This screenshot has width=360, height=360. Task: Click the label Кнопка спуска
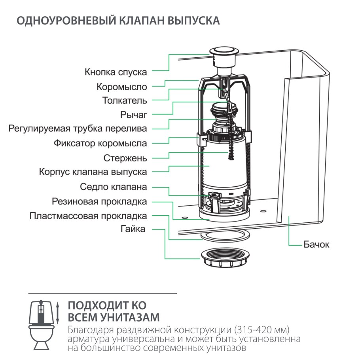point(116,72)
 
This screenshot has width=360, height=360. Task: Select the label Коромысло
point(121,87)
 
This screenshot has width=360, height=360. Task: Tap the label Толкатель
point(125,100)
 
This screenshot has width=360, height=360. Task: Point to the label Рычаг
point(134,115)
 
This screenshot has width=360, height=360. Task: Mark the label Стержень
point(125,158)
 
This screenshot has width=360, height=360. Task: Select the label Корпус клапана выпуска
point(93,172)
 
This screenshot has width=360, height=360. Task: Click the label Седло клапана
point(113,187)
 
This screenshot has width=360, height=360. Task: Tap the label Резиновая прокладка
point(99,201)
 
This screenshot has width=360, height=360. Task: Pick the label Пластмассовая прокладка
point(88,216)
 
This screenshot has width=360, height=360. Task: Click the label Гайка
point(133,229)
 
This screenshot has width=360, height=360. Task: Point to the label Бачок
point(316,244)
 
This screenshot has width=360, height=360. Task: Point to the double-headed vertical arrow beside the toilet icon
point(59,313)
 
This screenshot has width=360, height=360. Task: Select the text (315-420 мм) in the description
point(262,330)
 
